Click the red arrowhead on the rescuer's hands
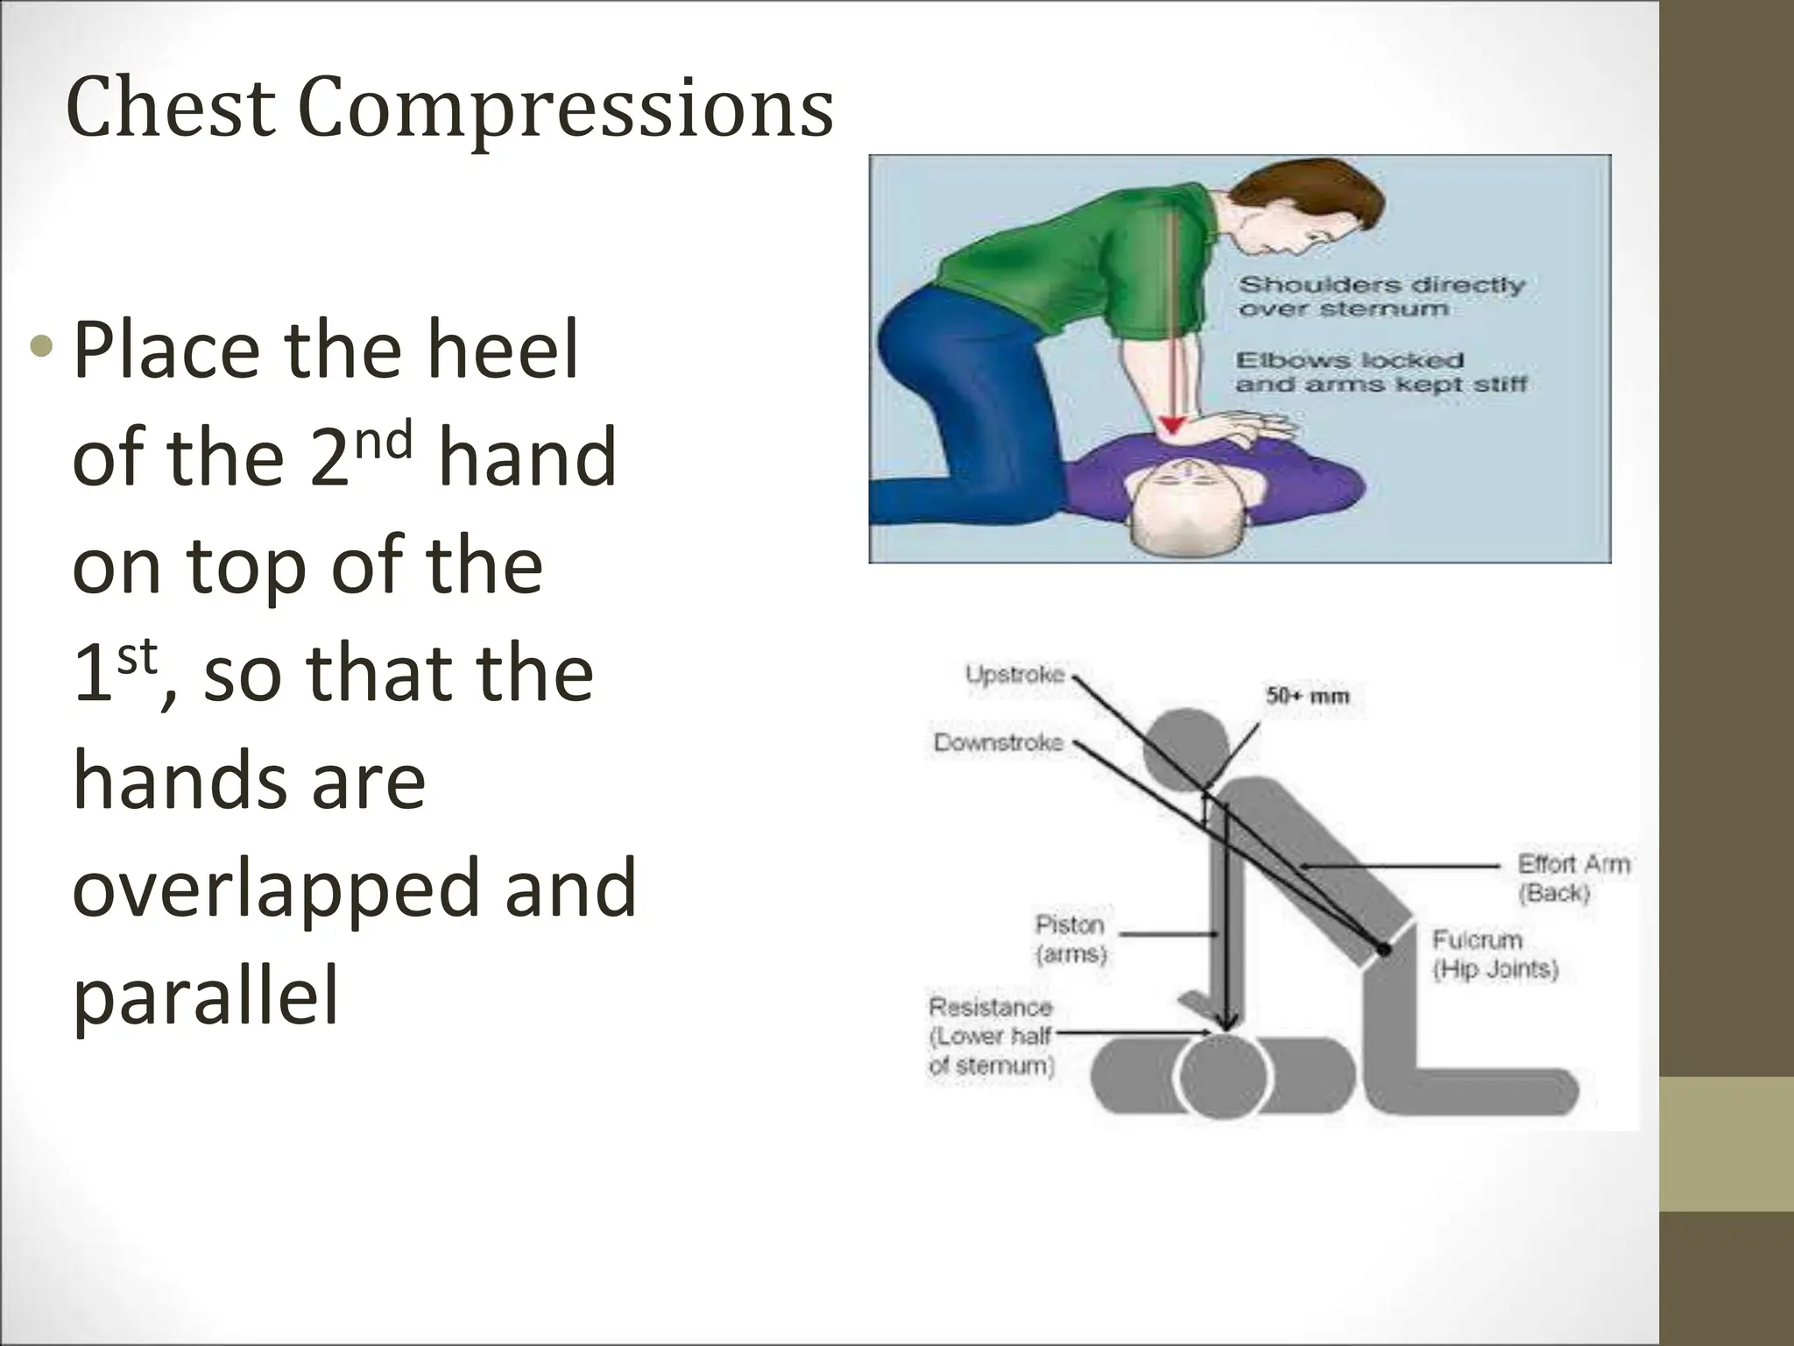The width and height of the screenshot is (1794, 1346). point(1172,428)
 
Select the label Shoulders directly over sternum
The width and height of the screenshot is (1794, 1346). point(1381,296)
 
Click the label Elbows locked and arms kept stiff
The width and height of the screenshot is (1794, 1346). point(1381,372)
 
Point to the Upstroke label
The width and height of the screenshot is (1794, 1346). point(1014,674)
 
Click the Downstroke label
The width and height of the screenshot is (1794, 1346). point(998,743)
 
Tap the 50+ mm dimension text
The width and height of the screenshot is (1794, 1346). point(1307,697)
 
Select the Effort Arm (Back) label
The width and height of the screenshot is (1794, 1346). point(1573,878)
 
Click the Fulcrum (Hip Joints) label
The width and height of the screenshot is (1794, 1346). point(1494,954)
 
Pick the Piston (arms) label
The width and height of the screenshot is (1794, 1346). point(1070,939)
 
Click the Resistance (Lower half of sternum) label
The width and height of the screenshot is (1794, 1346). point(991,1036)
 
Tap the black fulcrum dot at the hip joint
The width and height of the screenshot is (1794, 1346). point(1383,949)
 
